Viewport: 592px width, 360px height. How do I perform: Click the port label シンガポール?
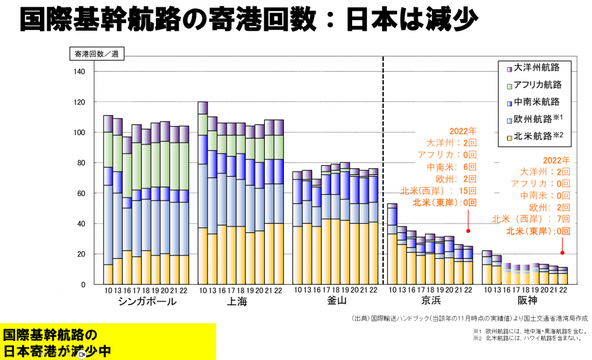[147, 302]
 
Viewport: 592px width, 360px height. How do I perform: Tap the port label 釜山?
[336, 302]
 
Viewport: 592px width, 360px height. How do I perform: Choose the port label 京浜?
[430, 302]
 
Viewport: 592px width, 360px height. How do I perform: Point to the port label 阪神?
[526, 302]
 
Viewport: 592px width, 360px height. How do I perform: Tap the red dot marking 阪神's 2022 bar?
[562, 253]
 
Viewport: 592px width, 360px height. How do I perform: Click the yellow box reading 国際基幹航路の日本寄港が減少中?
[108, 342]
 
